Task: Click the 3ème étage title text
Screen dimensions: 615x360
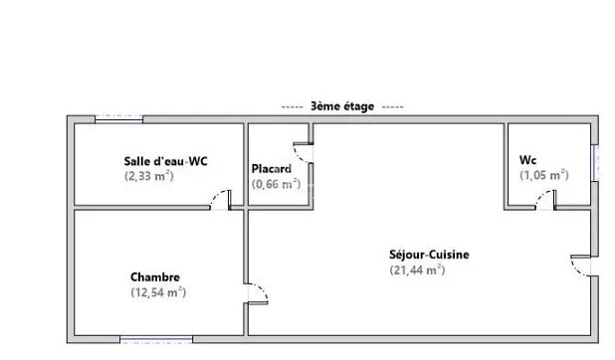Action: (x=342, y=106)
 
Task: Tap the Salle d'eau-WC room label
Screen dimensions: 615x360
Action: (x=165, y=161)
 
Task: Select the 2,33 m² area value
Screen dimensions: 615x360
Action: (x=149, y=176)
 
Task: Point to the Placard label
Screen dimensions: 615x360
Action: (x=272, y=169)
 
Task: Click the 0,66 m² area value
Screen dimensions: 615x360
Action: (x=276, y=184)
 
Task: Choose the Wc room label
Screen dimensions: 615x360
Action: (x=528, y=160)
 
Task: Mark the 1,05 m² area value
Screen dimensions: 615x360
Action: (x=544, y=175)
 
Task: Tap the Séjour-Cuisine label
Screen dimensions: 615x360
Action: (x=429, y=255)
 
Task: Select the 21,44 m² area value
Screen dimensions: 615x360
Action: (x=417, y=270)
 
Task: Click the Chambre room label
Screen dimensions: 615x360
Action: (x=155, y=277)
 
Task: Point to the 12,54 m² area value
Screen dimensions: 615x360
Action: (x=158, y=292)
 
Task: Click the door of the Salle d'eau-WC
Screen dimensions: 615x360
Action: (x=221, y=200)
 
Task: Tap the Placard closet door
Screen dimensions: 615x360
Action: (x=303, y=153)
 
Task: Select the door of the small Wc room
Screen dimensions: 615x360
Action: (x=546, y=200)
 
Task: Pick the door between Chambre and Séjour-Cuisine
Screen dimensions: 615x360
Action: (x=258, y=293)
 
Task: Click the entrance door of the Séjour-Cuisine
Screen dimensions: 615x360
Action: (x=581, y=266)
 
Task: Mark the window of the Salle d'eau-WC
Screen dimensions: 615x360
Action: (x=118, y=119)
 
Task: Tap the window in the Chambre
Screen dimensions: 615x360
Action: (x=156, y=339)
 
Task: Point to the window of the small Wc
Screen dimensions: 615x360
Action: (x=595, y=163)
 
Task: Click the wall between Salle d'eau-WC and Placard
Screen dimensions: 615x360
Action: (x=246, y=164)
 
